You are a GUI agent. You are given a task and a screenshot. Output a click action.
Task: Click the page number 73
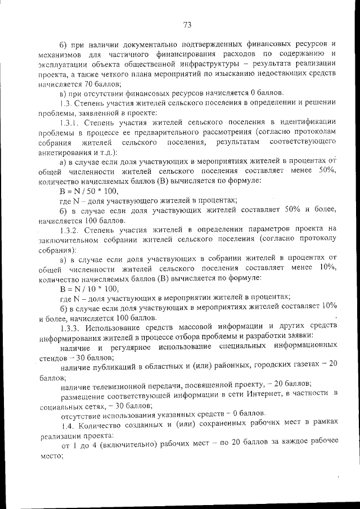tap(188, 24)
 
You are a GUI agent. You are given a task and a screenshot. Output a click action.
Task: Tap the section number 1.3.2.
tap(71, 229)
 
